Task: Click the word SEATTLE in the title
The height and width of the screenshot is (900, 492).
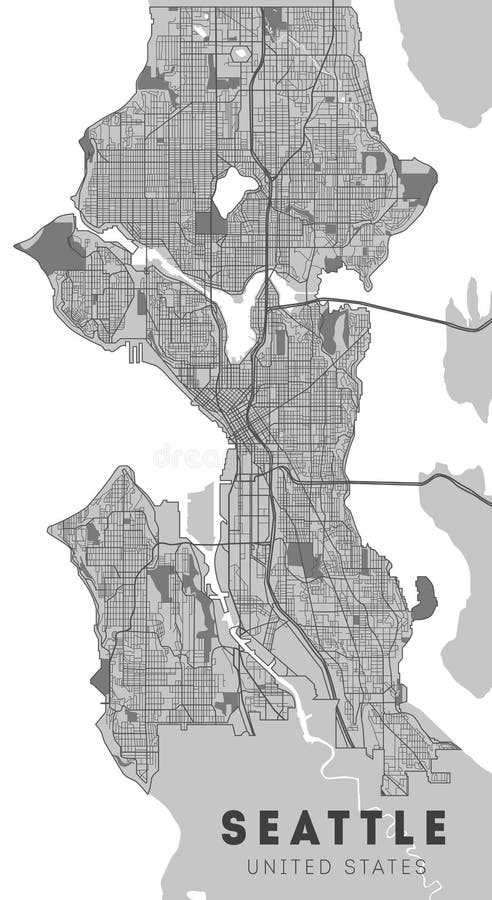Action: (x=334, y=829)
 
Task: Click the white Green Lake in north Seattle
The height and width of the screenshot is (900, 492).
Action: (x=234, y=186)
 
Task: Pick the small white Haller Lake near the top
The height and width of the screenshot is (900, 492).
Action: (x=241, y=53)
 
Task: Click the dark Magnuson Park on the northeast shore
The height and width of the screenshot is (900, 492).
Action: (x=417, y=179)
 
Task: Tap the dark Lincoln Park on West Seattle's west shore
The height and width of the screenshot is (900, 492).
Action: (x=100, y=681)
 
